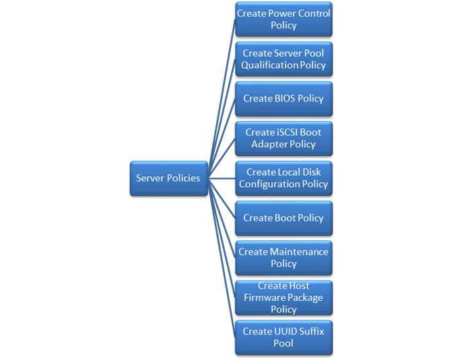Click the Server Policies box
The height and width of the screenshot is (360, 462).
click(168, 178)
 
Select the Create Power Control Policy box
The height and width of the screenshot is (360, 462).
click(284, 20)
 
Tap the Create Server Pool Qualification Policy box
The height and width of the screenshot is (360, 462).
click(284, 59)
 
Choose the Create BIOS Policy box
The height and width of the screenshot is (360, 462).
click(284, 98)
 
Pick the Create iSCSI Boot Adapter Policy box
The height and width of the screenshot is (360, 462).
click(284, 138)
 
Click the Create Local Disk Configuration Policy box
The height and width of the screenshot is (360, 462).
click(284, 178)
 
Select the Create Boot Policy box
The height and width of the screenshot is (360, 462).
click(284, 218)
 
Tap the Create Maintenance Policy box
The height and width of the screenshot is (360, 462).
click(284, 258)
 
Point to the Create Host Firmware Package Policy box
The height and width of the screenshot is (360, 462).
click(284, 297)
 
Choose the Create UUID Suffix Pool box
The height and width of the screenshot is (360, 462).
click(284, 337)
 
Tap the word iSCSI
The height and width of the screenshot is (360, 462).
click(286, 133)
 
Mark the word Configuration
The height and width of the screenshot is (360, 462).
click(268, 184)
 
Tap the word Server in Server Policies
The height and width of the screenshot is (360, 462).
click(150, 178)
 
